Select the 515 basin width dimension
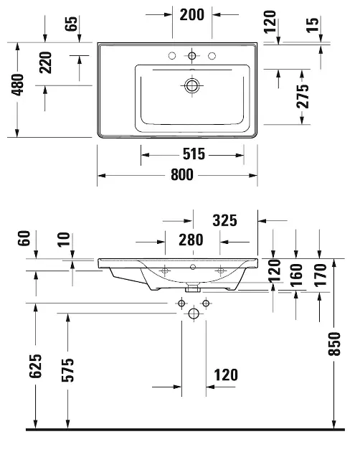point(194,154)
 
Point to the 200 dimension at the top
point(194,14)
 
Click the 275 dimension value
point(303,96)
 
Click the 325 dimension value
point(224,219)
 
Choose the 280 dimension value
point(190,240)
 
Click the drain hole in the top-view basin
point(191,85)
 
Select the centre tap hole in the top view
point(191,56)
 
